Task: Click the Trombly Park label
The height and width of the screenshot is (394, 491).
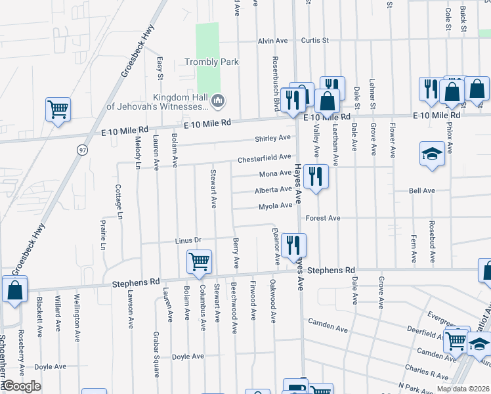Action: pos(211,62)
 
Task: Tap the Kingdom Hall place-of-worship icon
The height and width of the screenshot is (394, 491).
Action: pos(219,101)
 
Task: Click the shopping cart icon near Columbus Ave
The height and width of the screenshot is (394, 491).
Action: pos(200,261)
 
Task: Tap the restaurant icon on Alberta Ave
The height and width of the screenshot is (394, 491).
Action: pos(316,176)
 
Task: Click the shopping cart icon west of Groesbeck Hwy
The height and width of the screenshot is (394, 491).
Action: pos(58,110)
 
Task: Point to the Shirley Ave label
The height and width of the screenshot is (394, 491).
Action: pos(272,139)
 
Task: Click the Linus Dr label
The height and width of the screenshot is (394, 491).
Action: pos(187,240)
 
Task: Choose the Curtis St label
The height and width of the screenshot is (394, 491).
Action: pos(314,41)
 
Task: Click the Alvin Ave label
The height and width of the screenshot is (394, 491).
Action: pos(272,41)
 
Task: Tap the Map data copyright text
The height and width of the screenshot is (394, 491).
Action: pos(463,389)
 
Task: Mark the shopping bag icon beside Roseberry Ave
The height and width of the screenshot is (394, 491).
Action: pos(14,290)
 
